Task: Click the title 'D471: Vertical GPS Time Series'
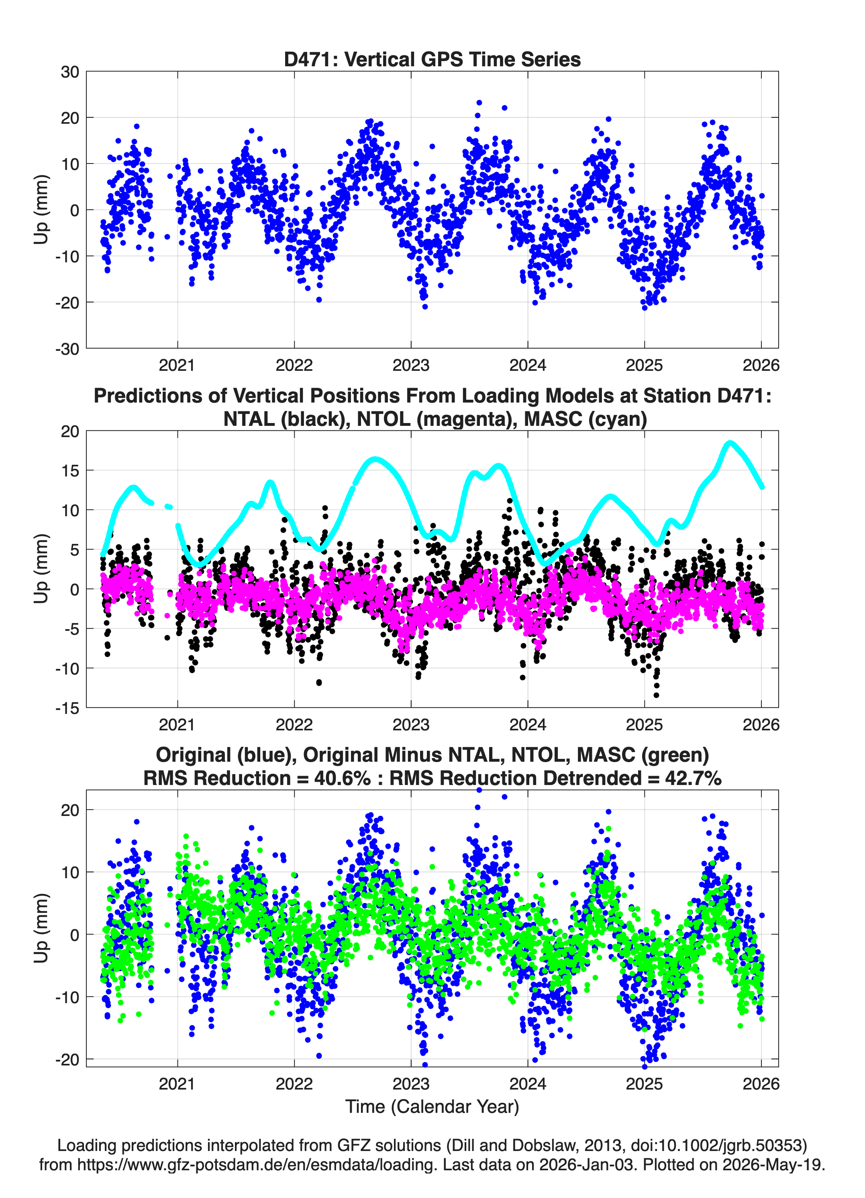[432, 59]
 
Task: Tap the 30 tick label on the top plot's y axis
[70, 72]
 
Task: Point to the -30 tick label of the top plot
[67, 349]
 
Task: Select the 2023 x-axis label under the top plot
[411, 365]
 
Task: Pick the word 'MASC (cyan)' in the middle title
[586, 419]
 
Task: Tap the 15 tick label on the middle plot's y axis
[70, 471]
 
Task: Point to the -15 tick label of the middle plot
[67, 708]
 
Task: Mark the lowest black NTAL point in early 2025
[657, 695]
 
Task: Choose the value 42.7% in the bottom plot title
[694, 778]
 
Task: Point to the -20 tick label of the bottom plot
[67, 1060]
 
